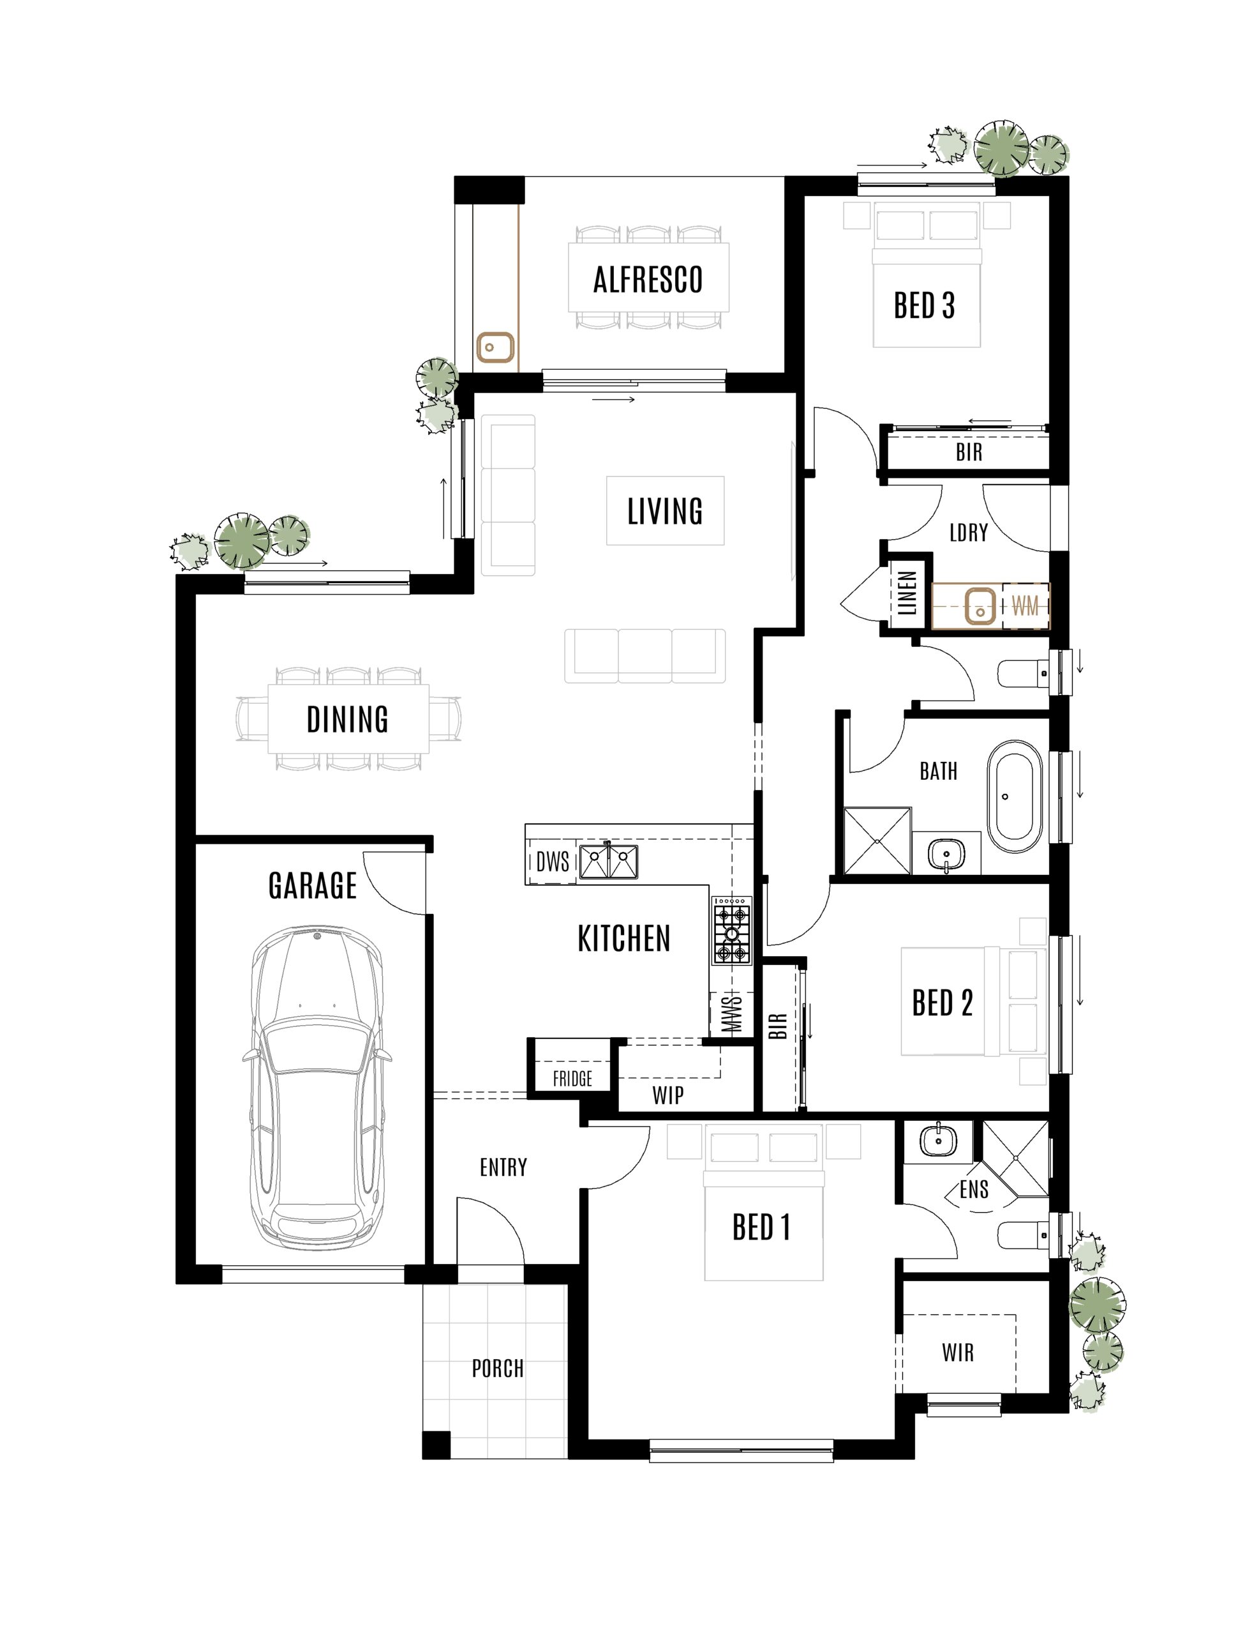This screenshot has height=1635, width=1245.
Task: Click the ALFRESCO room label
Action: pyautogui.click(x=648, y=280)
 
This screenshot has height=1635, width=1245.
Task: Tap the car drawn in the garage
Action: pyautogui.click(x=317, y=1090)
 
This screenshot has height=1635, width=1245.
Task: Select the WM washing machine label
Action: pyautogui.click(x=1025, y=606)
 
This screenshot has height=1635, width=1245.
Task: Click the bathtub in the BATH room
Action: pyautogui.click(x=1014, y=795)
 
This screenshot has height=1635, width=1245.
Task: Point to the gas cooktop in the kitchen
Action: pyautogui.click(x=732, y=931)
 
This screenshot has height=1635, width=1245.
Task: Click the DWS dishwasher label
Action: pyautogui.click(x=553, y=862)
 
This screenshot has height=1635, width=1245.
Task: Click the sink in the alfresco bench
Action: pyautogui.click(x=495, y=347)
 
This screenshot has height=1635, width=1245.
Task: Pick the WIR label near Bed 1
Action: pyautogui.click(x=957, y=1353)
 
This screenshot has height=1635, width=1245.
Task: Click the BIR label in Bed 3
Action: pyautogui.click(x=969, y=452)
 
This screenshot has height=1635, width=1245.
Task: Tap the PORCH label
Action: pyautogui.click(x=498, y=1368)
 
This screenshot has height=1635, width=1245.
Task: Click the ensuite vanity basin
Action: pyautogui.click(x=938, y=1141)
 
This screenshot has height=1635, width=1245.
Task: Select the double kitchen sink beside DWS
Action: pyautogui.click(x=608, y=862)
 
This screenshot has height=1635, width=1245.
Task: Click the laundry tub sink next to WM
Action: pyautogui.click(x=980, y=606)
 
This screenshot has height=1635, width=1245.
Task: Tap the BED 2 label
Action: pyautogui.click(x=942, y=1003)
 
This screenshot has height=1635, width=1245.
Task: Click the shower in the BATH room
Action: pyautogui.click(x=877, y=842)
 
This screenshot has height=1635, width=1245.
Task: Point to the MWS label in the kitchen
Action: pyautogui.click(x=731, y=1014)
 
